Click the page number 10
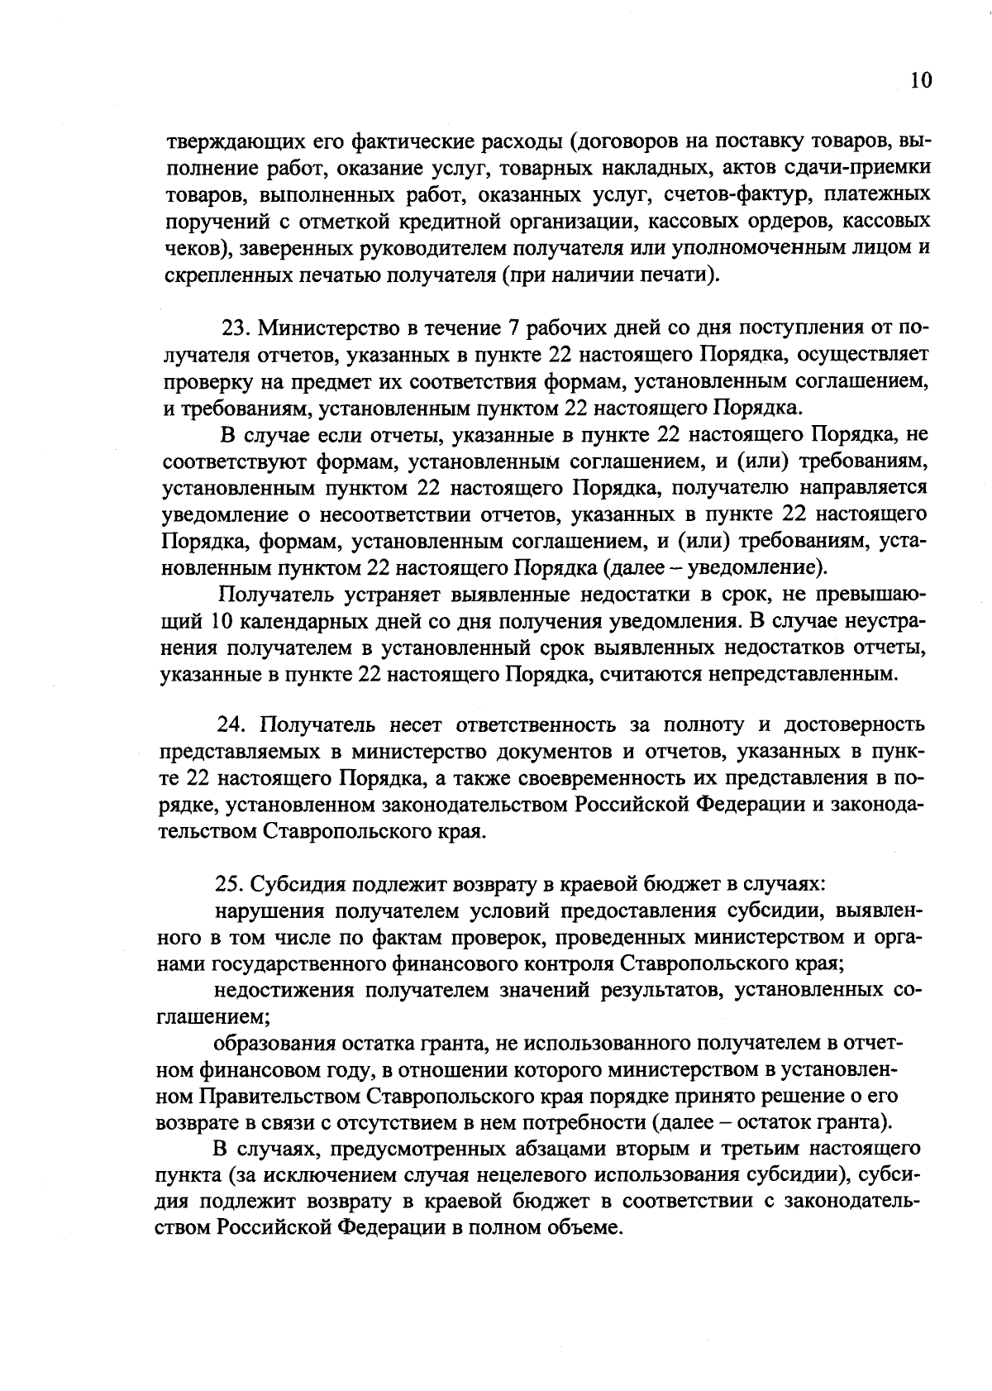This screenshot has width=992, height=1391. [x=920, y=80]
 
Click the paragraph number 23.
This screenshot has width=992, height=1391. [x=236, y=328]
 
